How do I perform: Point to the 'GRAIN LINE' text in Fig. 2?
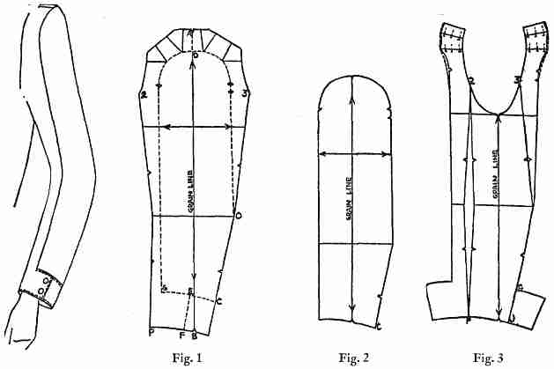pyautogui.click(x=349, y=199)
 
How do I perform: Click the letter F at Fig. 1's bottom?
pyautogui.click(x=181, y=335)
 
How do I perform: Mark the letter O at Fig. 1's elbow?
pyautogui.click(x=238, y=214)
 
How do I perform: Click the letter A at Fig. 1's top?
pyautogui.click(x=192, y=33)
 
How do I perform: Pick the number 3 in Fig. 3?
pyautogui.click(x=518, y=80)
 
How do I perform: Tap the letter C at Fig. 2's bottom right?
pyautogui.click(x=379, y=328)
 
